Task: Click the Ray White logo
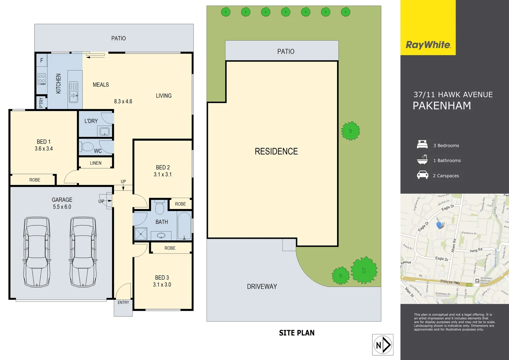[428, 45]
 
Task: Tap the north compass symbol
[383, 345]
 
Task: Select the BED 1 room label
[44, 142]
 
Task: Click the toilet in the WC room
[87, 147]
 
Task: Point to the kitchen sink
[74, 92]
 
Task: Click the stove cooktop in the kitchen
[42, 79]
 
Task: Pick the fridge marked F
[42, 60]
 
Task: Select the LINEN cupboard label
[96, 163]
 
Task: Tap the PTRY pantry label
[41, 102]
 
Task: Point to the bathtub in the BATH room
[184, 226]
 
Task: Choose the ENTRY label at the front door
[123, 302]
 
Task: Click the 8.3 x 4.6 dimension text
[123, 101]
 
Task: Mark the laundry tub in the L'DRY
[105, 131]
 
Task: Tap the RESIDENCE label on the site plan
[276, 151]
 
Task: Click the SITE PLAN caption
[296, 333]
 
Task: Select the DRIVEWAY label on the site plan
[262, 286]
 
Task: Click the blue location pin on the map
[439, 225]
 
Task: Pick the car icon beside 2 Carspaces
[422, 175]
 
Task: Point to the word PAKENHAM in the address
[442, 106]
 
